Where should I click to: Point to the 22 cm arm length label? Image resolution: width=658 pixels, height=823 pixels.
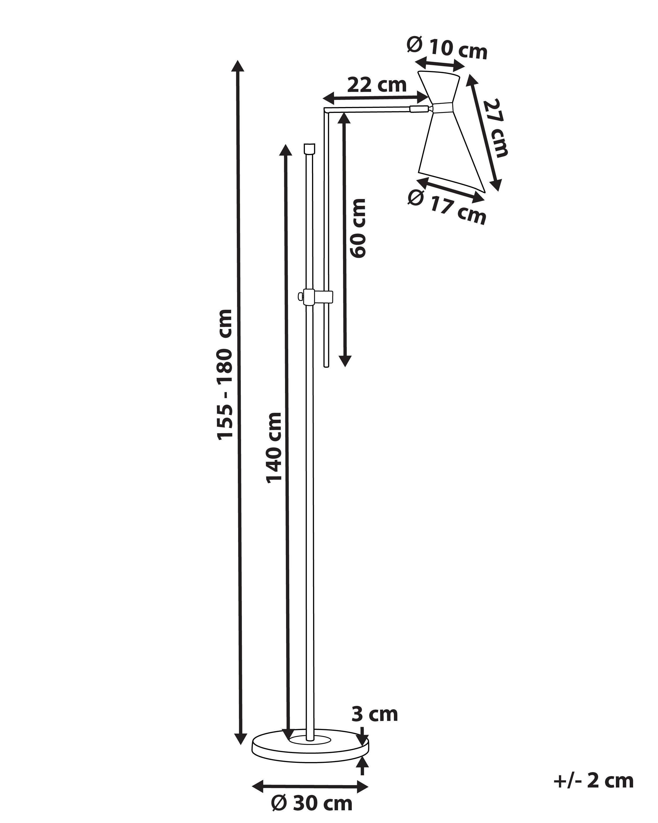pyautogui.click(x=377, y=85)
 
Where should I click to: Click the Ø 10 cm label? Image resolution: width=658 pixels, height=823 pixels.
pyautogui.click(x=447, y=47)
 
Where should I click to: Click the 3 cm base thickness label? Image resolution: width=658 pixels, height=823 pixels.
pyautogui.click(x=374, y=714)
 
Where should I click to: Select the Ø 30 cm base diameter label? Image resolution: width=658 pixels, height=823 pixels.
pyautogui.click(x=312, y=804)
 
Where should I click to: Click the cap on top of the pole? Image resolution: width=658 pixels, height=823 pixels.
pyautogui.click(x=309, y=148)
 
